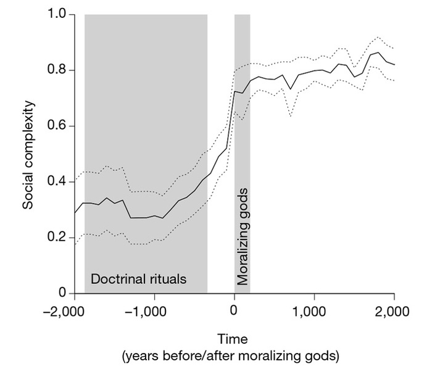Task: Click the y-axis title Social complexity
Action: (28, 154)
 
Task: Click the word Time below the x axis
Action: (233, 339)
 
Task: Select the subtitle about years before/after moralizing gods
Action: (233, 355)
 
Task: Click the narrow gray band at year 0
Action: (242, 154)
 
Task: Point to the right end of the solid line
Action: (394, 65)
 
